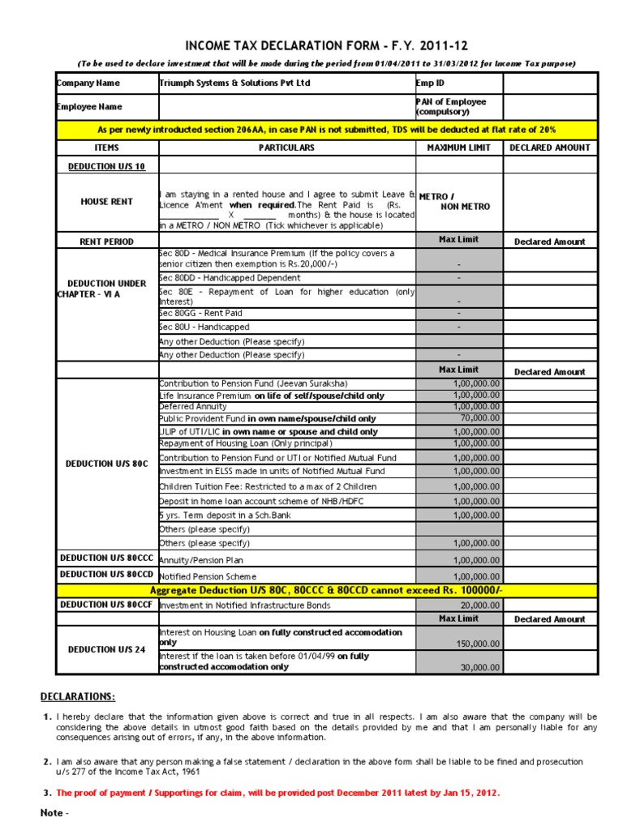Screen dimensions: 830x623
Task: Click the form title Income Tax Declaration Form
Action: pos(327,45)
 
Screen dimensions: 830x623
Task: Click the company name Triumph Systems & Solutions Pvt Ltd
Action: pos(234,83)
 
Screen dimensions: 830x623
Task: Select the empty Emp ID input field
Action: pos(550,83)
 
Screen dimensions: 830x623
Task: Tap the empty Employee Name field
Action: pos(287,106)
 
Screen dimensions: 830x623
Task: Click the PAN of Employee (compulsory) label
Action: pos(451,106)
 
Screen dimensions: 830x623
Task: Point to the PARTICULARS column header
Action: pos(286,148)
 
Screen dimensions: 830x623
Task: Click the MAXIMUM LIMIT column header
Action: pos(458,148)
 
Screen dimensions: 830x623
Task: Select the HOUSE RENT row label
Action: pos(106,201)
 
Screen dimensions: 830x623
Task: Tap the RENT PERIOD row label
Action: pos(106,242)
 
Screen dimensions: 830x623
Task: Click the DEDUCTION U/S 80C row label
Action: pos(106,464)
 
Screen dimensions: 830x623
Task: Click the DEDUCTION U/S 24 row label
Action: pos(106,649)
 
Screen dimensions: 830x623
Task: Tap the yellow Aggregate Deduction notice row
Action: pos(327,590)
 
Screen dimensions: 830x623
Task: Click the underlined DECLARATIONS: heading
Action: pos(78,697)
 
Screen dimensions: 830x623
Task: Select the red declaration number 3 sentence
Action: pos(277,793)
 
